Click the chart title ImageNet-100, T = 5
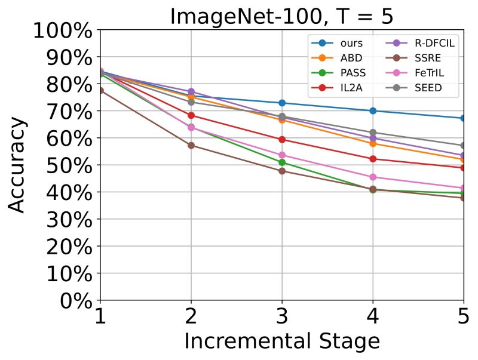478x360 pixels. pos(281,16)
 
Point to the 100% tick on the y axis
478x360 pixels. pos(63,30)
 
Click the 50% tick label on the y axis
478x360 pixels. pos(63,165)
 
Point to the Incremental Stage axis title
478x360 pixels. pos(281,342)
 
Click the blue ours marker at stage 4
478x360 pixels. pos(373,110)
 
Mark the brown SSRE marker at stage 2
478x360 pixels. pos(191,145)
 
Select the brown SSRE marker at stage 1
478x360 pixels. pos(100,90)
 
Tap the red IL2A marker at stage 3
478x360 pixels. pos(282,140)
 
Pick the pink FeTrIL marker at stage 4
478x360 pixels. pos(373,177)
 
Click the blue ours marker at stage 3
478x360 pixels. pos(282,103)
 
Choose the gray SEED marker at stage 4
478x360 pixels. pos(373,133)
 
